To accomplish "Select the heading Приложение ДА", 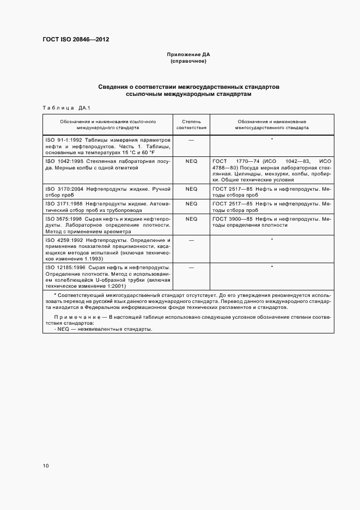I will (x=188, y=55).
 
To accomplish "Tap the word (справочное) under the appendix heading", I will (x=188, y=61).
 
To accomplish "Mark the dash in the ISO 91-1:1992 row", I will (x=191, y=140).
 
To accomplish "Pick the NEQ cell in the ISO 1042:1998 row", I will (x=191, y=162).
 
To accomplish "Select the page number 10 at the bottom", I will (x=46, y=466).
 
